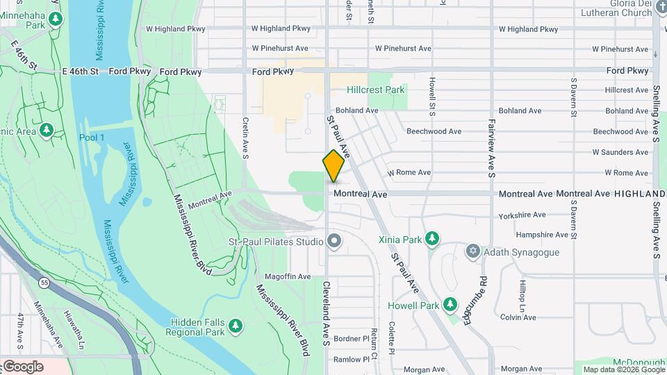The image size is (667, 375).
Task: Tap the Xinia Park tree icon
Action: pos(433,240)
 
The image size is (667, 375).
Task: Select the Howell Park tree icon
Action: pos(450,304)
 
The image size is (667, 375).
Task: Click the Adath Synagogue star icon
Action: pos(473,251)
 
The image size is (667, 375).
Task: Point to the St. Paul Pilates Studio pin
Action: pos(335,242)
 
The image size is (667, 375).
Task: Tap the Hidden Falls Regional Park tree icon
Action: pos(236,325)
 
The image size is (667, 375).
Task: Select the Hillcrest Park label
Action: pos(376,90)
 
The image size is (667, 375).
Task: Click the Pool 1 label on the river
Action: pos(92,137)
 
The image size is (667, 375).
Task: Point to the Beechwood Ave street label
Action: pos(434,131)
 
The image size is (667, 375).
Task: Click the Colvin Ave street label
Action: pos(518,317)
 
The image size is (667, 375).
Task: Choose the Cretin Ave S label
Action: pos(245,137)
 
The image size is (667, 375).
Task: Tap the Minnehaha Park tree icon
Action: pos(55,17)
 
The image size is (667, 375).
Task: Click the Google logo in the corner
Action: pos(23,367)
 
